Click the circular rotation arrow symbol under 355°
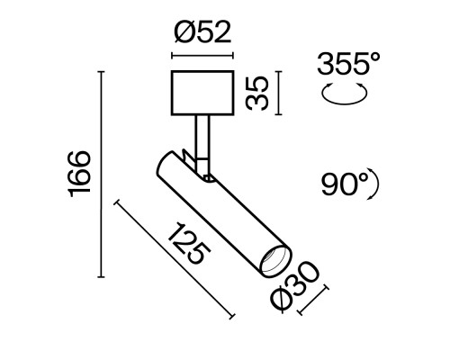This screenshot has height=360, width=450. [x=346, y=92]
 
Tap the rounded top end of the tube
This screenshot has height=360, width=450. [x=166, y=161]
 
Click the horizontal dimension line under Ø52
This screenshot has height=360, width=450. [x=202, y=56]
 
